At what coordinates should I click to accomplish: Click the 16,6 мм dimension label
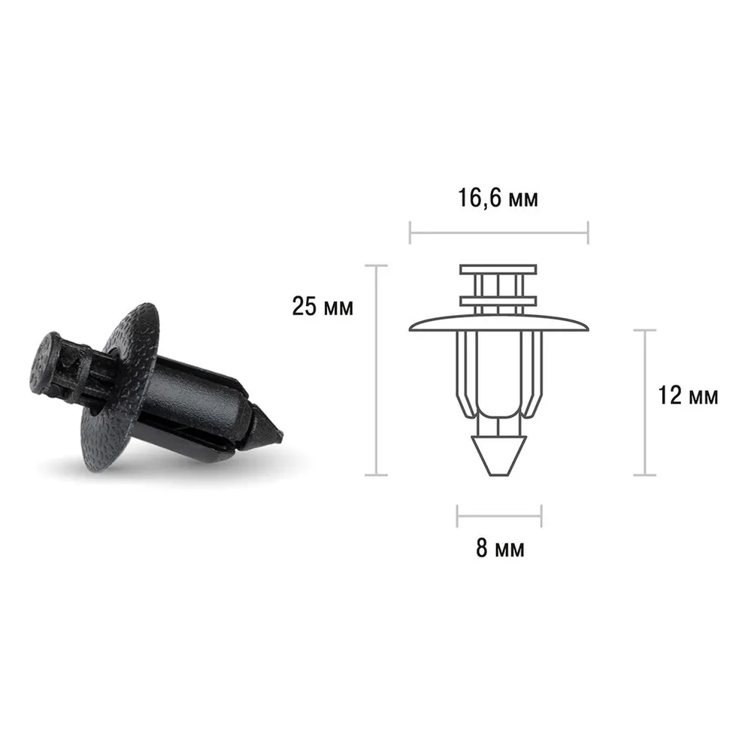pos(498,198)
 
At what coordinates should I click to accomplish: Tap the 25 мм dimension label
pos(323,307)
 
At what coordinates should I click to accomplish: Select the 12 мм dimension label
pos(688,395)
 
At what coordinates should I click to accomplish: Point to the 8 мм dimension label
pos(500,548)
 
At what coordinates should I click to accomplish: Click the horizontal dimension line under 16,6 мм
pos(499,233)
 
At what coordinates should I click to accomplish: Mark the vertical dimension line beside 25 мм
pos(377,370)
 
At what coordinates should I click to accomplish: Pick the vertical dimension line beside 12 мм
pos(645,402)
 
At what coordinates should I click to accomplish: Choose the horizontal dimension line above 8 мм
pos(499,516)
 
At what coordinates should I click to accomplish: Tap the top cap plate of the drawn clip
pos(498,270)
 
